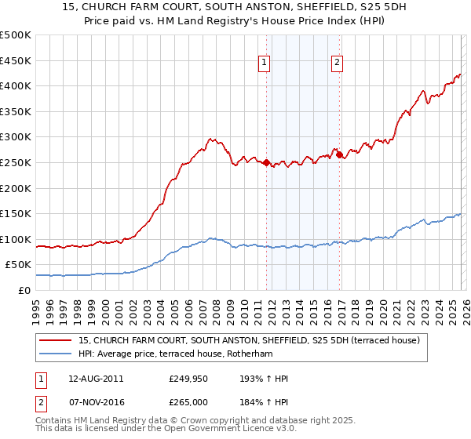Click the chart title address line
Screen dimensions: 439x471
(x=235, y=7)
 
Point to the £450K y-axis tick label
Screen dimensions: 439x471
(x=16, y=60)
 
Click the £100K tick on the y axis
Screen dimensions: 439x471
(x=16, y=239)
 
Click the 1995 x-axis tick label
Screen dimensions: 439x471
(x=36, y=309)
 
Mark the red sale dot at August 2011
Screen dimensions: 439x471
(x=266, y=163)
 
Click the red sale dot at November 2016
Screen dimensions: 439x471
(x=339, y=155)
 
